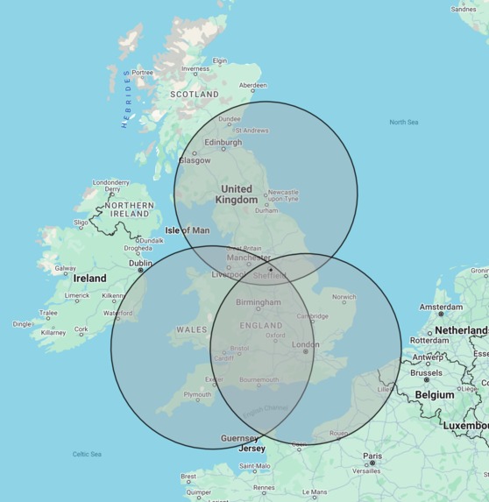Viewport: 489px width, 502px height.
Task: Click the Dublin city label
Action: pos(140,262)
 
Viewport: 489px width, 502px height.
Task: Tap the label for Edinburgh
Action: pos(223,142)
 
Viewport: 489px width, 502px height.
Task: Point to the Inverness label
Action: pos(195,69)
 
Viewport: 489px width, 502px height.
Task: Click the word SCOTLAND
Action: pos(195,94)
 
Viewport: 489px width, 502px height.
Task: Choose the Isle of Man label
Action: pos(188,230)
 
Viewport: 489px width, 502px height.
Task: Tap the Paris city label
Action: pos(372,456)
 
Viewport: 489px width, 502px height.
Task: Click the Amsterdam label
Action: pos(441,308)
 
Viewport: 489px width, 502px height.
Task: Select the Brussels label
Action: pos(427,372)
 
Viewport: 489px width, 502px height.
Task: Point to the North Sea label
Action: pos(404,123)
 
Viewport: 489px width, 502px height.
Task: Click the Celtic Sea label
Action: pos(87,454)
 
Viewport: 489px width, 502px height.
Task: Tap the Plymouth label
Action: pos(196,394)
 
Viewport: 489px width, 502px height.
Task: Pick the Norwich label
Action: pos(344,297)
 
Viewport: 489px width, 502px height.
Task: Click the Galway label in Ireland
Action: pos(66,269)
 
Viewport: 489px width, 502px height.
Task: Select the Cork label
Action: pos(81,329)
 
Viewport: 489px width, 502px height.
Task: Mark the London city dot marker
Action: pos(305,352)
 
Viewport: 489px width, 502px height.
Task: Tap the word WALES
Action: pos(192,329)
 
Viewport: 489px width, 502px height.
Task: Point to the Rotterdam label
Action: pos(429,340)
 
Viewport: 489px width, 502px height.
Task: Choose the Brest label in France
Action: pos(188,477)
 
